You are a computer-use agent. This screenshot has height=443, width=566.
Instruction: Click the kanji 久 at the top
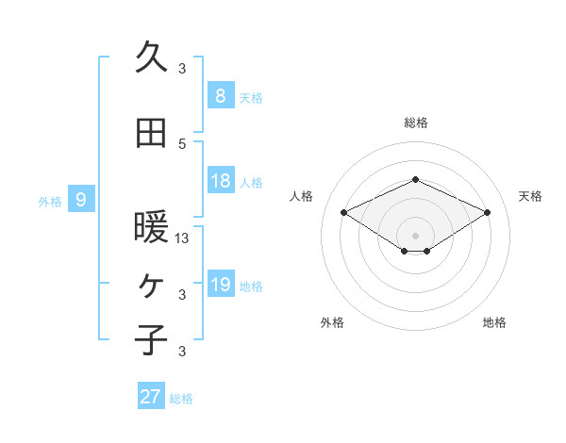click(152, 57)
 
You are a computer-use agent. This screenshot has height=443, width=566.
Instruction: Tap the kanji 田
click(152, 134)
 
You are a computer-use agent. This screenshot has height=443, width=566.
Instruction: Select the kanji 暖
click(152, 227)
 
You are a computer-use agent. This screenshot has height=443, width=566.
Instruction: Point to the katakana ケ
click(152, 284)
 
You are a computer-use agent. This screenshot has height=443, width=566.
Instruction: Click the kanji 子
click(152, 338)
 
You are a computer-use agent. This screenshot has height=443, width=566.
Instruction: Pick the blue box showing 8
click(220, 95)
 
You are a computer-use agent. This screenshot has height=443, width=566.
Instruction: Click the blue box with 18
click(220, 181)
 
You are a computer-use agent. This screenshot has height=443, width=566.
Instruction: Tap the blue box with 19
click(220, 285)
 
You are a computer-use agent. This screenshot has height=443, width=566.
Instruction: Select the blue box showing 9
click(81, 199)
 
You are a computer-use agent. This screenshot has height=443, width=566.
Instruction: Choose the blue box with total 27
click(151, 397)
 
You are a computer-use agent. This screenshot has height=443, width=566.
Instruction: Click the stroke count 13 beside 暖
click(183, 238)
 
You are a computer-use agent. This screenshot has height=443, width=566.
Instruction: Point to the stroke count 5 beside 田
click(182, 143)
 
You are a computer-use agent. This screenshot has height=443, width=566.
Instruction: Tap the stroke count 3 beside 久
click(182, 68)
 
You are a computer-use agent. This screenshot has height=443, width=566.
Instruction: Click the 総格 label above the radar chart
click(416, 123)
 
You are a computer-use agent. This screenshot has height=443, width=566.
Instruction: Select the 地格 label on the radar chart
click(494, 323)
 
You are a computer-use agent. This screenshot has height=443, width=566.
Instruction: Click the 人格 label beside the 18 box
click(251, 183)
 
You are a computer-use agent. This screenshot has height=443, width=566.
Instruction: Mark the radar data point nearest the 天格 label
click(487, 213)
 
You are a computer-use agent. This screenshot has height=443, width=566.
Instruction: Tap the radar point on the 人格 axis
click(344, 213)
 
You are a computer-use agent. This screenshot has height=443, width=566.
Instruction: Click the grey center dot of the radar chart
click(415, 235)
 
